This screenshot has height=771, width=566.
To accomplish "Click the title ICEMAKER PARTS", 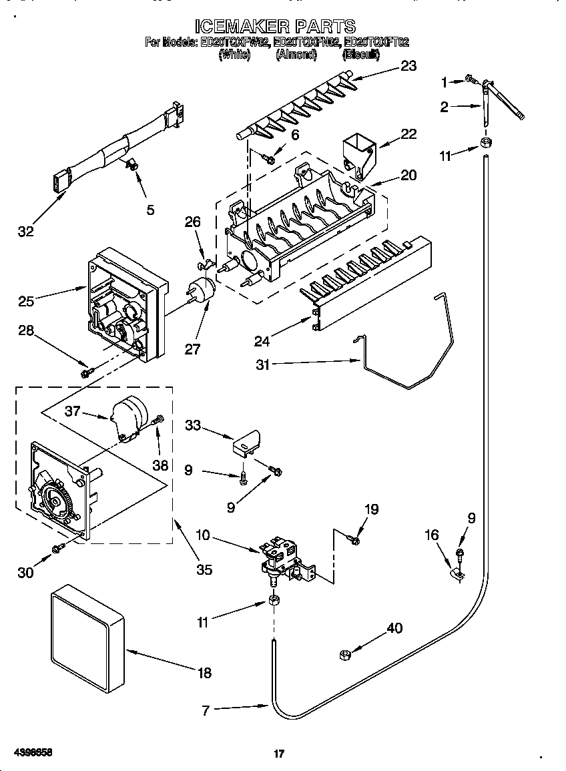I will coord(275,26).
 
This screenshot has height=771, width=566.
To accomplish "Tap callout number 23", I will coord(408,65).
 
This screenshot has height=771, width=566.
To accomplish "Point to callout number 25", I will coord(26,302).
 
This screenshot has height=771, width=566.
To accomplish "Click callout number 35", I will coord(204,569).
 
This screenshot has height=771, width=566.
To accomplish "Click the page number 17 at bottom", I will coord(279,754).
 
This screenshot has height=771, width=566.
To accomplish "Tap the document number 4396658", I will coord(33,752).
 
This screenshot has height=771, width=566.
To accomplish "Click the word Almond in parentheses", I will coord(296,55).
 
